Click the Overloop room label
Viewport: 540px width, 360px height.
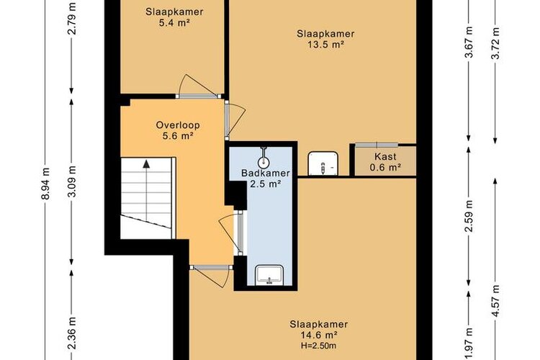178,125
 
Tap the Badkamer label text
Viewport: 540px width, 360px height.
266,173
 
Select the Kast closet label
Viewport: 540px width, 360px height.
385,156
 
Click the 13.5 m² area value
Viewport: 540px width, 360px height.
325,45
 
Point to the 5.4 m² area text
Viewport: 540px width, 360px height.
174,23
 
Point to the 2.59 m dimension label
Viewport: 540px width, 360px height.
469,216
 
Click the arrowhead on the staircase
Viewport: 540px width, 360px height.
146,164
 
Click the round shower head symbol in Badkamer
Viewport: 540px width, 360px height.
264,161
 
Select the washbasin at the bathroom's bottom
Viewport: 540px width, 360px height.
269,275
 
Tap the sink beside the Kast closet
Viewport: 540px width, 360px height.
323,163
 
